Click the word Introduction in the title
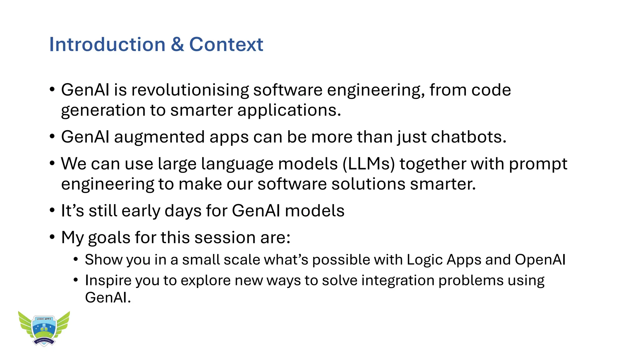pos(107,44)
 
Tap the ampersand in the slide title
pos(177,44)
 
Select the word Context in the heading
pos(226,44)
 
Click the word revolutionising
pos(190,90)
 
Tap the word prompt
pos(538,164)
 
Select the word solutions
pos(368,184)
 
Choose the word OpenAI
pos(540,260)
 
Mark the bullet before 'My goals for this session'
pos(52,237)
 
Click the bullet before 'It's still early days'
pos(52,210)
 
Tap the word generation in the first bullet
pos(103,111)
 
